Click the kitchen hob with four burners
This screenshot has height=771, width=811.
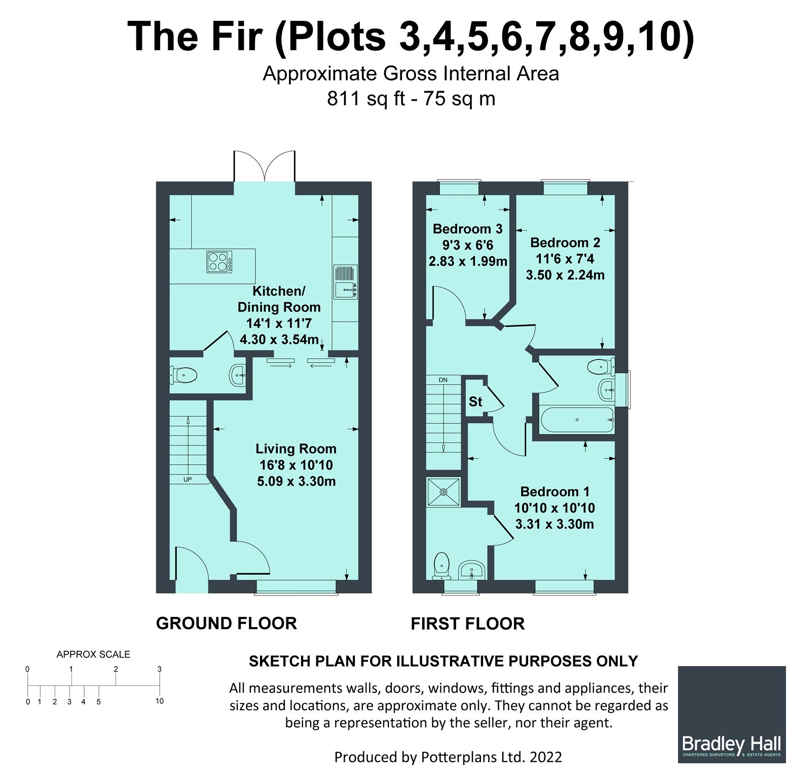220,262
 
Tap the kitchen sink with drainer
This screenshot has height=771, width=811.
346,282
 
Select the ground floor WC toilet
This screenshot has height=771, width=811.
183,376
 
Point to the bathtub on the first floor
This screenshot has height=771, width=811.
577,420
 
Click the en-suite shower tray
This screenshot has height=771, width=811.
444,492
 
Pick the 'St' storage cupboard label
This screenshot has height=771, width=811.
475,402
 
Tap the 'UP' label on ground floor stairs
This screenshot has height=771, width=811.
188,479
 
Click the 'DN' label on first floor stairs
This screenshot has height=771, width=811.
443,380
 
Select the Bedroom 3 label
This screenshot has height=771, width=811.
467,229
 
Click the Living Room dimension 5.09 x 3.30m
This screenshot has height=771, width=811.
296,481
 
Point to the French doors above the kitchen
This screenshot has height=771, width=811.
264,166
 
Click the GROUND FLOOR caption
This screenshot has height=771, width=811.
226,623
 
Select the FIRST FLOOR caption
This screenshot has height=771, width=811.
467,623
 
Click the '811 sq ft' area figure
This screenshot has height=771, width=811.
366,98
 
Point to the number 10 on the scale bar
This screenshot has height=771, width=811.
160,701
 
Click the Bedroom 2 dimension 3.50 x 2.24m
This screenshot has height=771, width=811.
565,275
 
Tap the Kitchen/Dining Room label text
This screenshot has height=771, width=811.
279,299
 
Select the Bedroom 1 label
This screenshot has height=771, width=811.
555,492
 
